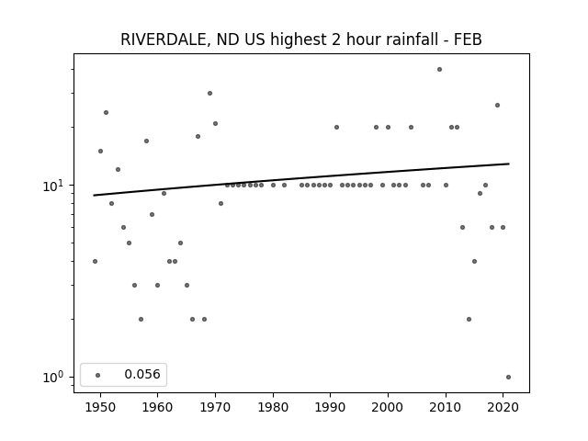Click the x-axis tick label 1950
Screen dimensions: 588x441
point(100,407)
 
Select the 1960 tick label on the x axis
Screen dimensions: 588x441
point(157,407)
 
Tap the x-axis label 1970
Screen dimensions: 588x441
point(215,407)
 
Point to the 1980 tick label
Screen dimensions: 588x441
point(273,407)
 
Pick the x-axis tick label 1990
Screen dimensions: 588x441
point(331,407)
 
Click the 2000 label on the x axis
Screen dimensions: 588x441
point(388,407)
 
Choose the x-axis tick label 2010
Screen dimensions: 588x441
point(446,407)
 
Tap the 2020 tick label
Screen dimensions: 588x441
point(503,407)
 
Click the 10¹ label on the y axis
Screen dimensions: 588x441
point(55,186)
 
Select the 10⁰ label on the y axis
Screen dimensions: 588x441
point(55,378)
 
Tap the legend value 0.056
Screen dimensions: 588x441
point(142,374)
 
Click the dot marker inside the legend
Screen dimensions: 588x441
point(98,375)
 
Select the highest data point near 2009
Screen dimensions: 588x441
point(439,70)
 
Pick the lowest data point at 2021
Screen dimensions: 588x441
point(508,378)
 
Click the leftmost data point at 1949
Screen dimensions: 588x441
point(95,261)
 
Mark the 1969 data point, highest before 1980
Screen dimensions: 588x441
point(210,94)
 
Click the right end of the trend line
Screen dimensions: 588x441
point(509,164)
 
